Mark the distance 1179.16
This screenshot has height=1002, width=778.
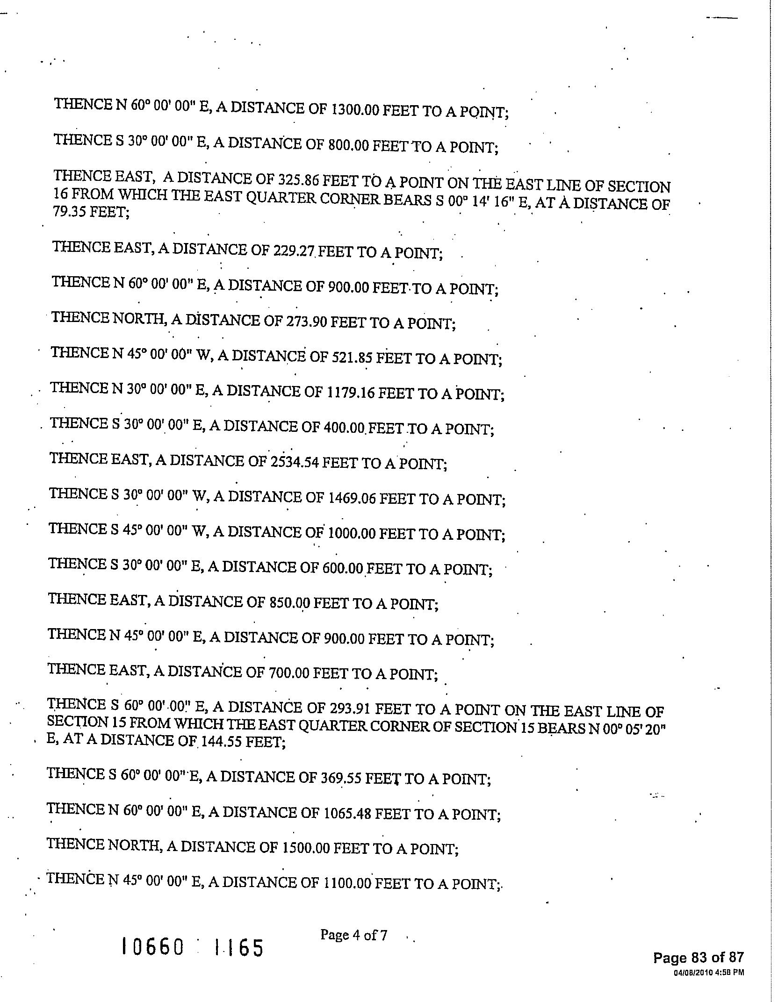point(349,393)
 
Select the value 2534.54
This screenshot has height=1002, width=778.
point(295,462)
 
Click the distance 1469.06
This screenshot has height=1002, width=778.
point(352,499)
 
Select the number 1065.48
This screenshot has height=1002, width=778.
point(347,814)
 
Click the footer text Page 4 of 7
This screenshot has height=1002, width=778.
point(353,935)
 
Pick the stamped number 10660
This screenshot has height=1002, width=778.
point(152,947)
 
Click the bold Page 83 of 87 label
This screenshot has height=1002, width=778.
point(698,958)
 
